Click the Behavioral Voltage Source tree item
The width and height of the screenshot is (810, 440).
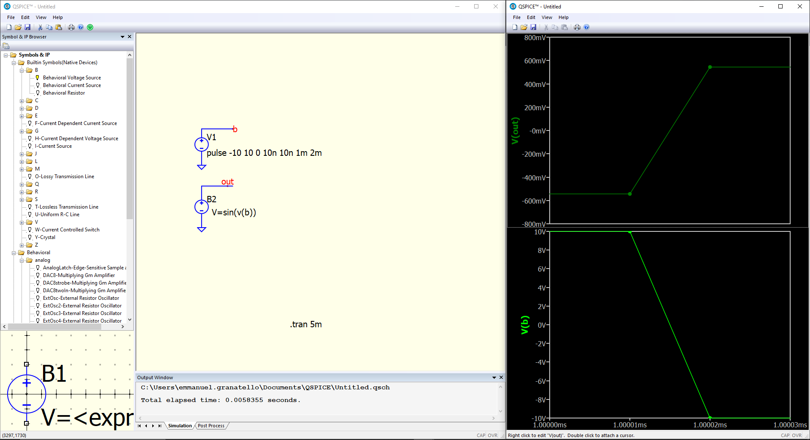pos(72,78)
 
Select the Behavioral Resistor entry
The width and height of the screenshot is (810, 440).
pos(64,93)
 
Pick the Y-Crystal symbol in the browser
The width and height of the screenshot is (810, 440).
pos(45,237)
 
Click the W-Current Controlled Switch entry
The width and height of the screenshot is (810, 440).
pos(67,230)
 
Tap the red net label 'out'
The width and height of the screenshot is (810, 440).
pos(227,182)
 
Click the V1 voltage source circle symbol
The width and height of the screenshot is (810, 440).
pos(202,144)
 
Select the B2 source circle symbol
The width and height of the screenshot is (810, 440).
pos(202,207)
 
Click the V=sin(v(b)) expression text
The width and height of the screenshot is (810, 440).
pos(234,212)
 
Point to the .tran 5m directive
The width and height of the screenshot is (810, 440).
pos(306,324)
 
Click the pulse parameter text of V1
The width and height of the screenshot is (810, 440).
pos(264,153)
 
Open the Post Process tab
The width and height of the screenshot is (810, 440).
pos(211,426)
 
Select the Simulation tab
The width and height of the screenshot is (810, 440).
pos(180,426)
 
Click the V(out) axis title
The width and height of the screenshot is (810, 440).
pos(515,131)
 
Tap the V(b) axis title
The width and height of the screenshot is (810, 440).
pos(525,325)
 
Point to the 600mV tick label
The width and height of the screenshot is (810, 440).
pos(535,61)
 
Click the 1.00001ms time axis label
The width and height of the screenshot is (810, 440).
pos(630,425)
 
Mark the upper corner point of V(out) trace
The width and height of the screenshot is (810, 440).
pos(710,67)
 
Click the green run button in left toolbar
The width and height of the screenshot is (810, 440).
pos(90,27)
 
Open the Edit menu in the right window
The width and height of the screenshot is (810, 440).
pos(531,17)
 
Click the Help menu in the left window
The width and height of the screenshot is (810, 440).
pos(58,17)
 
